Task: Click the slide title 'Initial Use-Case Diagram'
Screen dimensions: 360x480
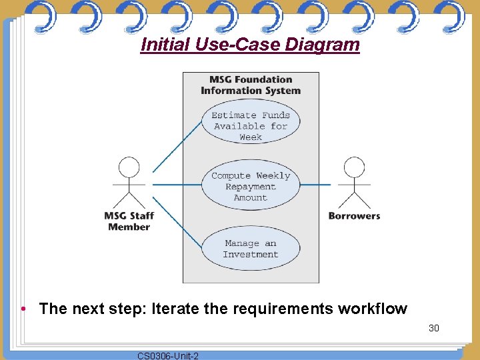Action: tap(250, 45)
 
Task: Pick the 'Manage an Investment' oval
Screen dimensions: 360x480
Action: tap(251, 249)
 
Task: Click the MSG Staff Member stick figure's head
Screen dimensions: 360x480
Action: tap(129, 167)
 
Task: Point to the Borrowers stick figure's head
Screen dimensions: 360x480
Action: tap(354, 167)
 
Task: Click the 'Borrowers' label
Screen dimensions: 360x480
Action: tap(354, 216)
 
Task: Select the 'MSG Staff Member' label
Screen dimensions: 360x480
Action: tap(129, 221)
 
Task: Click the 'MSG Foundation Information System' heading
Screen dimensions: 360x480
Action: tap(251, 85)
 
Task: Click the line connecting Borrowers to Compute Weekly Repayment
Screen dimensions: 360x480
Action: tap(315, 184)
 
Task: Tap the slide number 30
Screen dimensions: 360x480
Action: tap(434, 328)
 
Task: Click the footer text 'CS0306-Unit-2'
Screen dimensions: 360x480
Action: tap(167, 356)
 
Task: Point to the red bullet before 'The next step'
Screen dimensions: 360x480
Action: tap(23, 309)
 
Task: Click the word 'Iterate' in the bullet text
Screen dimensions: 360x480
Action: tap(175, 309)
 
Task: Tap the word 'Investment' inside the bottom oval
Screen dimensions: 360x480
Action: tap(251, 255)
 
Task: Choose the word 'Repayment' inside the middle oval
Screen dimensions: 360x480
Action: tap(251, 187)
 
